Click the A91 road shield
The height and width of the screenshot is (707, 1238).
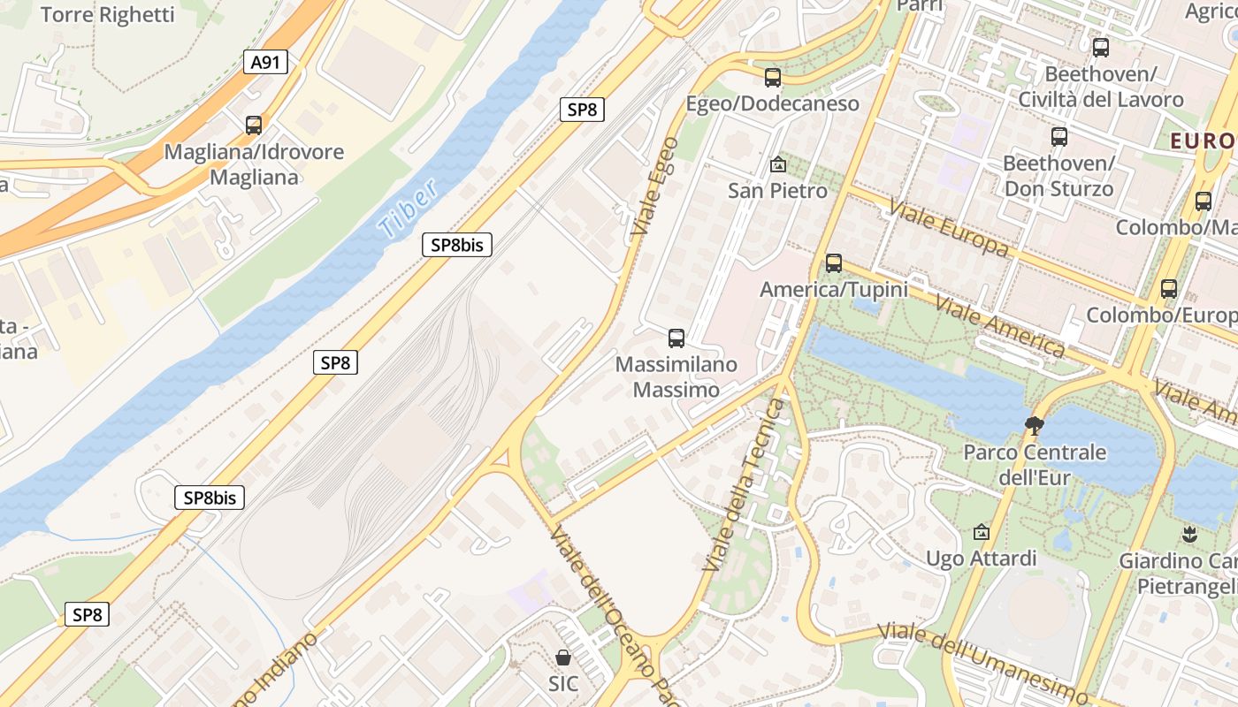point(265,62)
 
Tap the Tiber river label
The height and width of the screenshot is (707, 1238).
point(408,209)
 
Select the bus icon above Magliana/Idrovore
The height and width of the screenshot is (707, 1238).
point(254,125)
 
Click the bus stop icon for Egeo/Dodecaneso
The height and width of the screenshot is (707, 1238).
point(773,78)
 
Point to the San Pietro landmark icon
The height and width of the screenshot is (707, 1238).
point(778,164)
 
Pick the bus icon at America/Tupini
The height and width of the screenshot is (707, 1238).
point(834,263)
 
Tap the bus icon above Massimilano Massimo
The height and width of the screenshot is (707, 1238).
point(676,338)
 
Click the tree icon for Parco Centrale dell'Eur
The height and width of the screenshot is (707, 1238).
point(1034,426)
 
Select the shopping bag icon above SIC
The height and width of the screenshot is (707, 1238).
point(563,658)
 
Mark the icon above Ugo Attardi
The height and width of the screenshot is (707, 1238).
point(981,532)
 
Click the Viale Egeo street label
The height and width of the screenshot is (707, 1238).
point(655,186)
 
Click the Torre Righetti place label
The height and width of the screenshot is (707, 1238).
point(108,15)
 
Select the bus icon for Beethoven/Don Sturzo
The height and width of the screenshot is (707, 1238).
point(1058,137)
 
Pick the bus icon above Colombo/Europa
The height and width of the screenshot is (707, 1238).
point(1169,288)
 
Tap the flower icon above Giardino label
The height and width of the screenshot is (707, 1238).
point(1189,534)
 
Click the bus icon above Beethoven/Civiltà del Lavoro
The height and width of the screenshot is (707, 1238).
point(1100,48)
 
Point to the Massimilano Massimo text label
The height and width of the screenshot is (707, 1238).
point(676,376)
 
